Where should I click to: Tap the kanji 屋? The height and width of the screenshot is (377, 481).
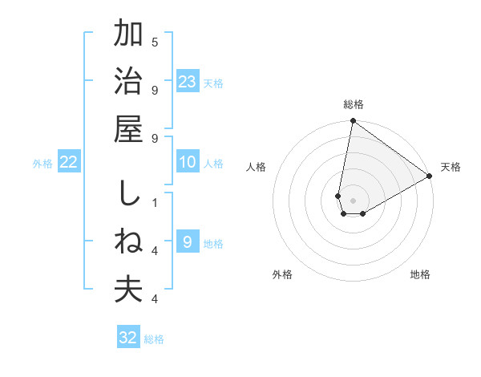128,128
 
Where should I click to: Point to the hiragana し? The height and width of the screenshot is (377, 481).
128,195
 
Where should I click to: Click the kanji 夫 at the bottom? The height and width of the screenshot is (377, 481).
128,290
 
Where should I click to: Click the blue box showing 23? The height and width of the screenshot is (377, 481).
187,81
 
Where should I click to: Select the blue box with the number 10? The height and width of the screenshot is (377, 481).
187,162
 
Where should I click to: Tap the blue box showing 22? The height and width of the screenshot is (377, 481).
69,162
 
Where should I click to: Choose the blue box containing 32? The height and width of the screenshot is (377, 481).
128,338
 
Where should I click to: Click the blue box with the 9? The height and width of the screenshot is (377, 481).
187,242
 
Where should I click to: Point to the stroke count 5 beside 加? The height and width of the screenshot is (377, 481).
155,42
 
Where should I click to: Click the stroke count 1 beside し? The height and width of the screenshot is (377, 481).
155,202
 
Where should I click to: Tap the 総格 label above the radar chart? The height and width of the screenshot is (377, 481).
354,104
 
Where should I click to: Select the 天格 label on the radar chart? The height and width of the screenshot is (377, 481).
451,167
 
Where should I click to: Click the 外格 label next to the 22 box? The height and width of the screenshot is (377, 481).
42,163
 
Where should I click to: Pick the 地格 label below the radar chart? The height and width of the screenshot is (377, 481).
420,274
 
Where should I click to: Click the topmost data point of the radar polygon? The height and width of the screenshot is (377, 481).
353,122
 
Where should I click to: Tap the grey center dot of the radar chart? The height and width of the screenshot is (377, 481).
353,201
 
